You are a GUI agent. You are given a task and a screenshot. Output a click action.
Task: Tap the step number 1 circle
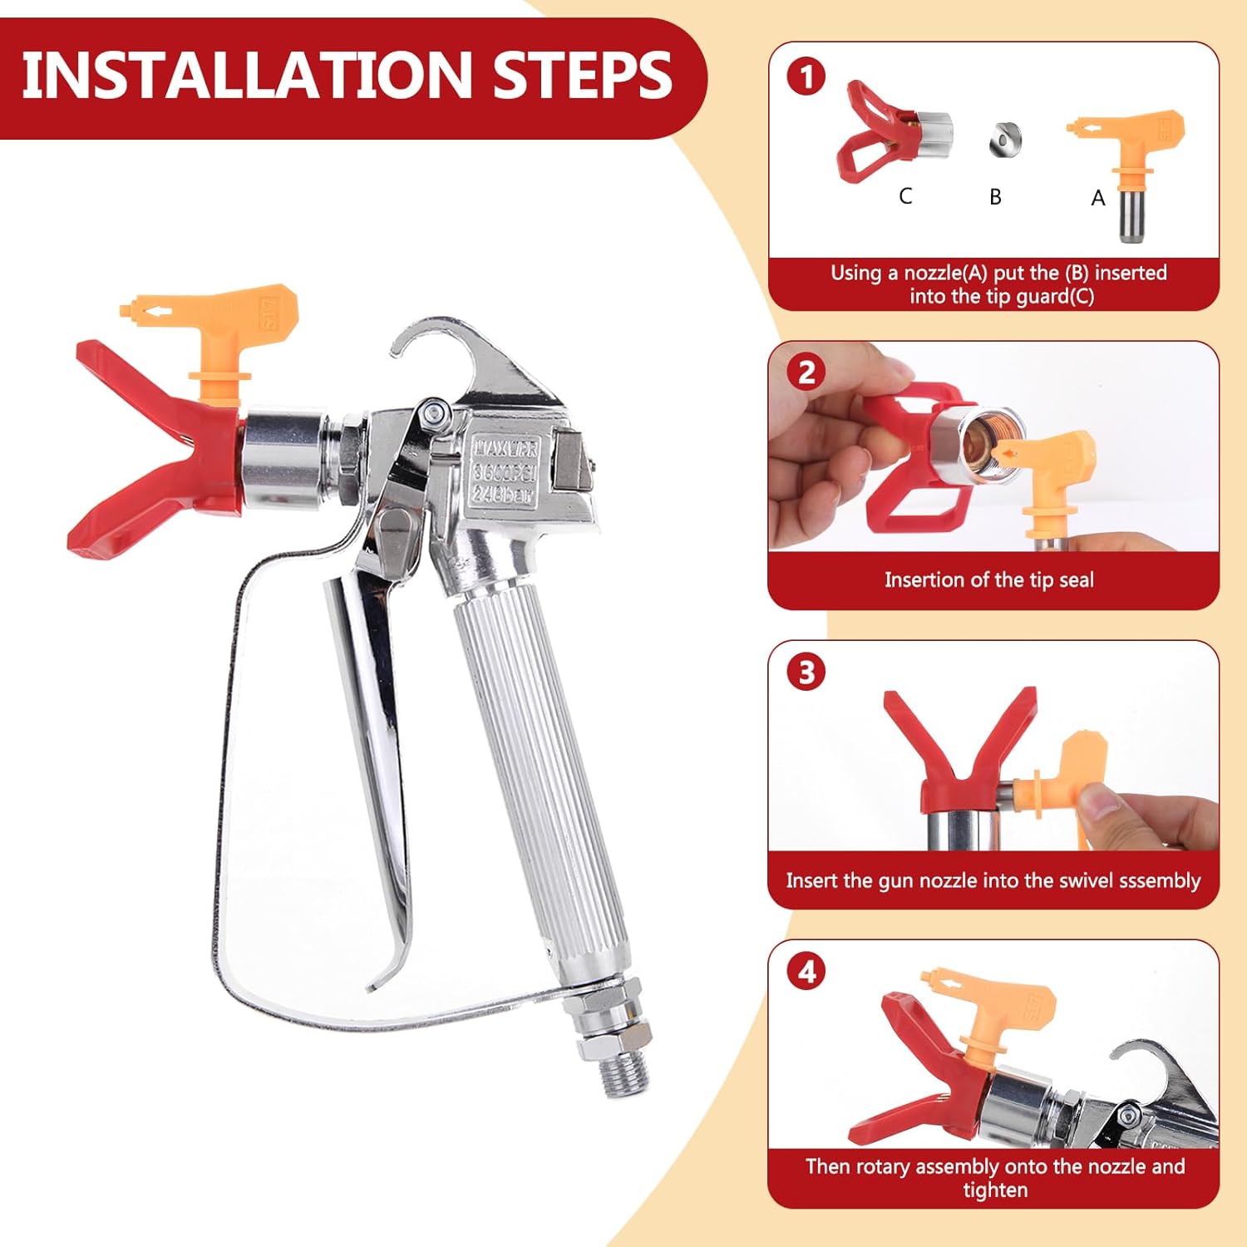coord(806,77)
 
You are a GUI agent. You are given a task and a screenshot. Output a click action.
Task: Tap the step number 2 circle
coord(806,372)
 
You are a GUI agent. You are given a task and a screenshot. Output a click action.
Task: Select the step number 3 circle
coord(806,672)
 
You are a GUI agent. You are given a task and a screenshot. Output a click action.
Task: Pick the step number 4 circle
coord(806,971)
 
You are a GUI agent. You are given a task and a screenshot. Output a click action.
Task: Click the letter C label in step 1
coord(905,196)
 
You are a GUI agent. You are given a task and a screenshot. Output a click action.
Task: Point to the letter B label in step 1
coord(995,197)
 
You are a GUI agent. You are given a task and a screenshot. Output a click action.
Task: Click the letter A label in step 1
coord(1098,198)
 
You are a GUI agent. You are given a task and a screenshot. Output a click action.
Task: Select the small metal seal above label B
coord(1005,138)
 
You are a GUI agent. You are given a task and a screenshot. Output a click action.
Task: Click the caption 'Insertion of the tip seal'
coord(988,579)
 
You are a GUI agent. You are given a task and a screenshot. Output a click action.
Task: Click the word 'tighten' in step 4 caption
coord(995,1190)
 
